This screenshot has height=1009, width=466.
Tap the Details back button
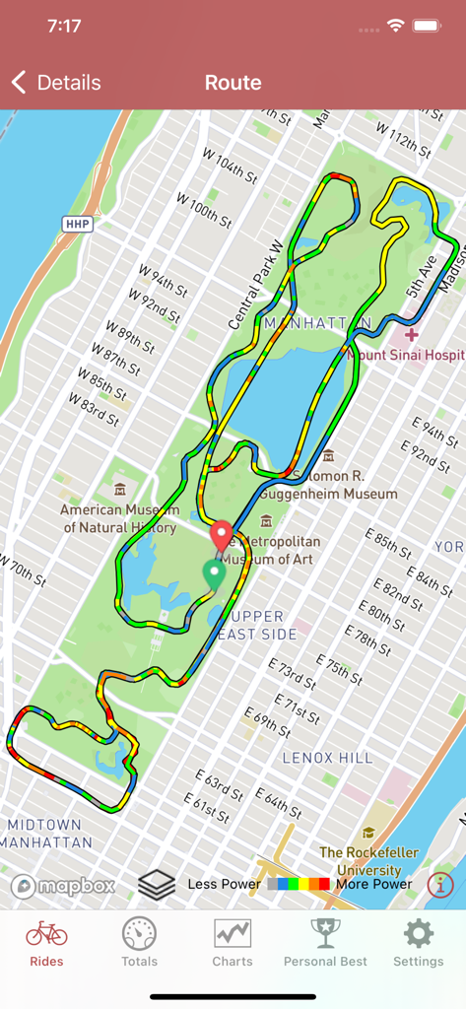click(x=56, y=83)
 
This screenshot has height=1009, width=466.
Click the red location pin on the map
click(x=222, y=535)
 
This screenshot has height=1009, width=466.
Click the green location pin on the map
click(x=214, y=572)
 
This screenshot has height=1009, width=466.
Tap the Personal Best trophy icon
click(x=325, y=933)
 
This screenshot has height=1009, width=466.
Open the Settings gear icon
click(x=419, y=933)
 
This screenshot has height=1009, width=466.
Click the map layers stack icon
click(x=157, y=884)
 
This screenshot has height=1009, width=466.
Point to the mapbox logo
click(x=63, y=886)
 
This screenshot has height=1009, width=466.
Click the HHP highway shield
click(x=77, y=224)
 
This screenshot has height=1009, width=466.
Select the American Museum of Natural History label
click(x=120, y=518)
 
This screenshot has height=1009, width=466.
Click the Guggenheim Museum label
click(x=335, y=485)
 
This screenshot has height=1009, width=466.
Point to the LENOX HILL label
click(x=328, y=758)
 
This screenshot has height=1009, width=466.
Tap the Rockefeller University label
click(x=368, y=861)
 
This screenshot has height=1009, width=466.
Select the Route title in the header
click(x=233, y=83)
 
